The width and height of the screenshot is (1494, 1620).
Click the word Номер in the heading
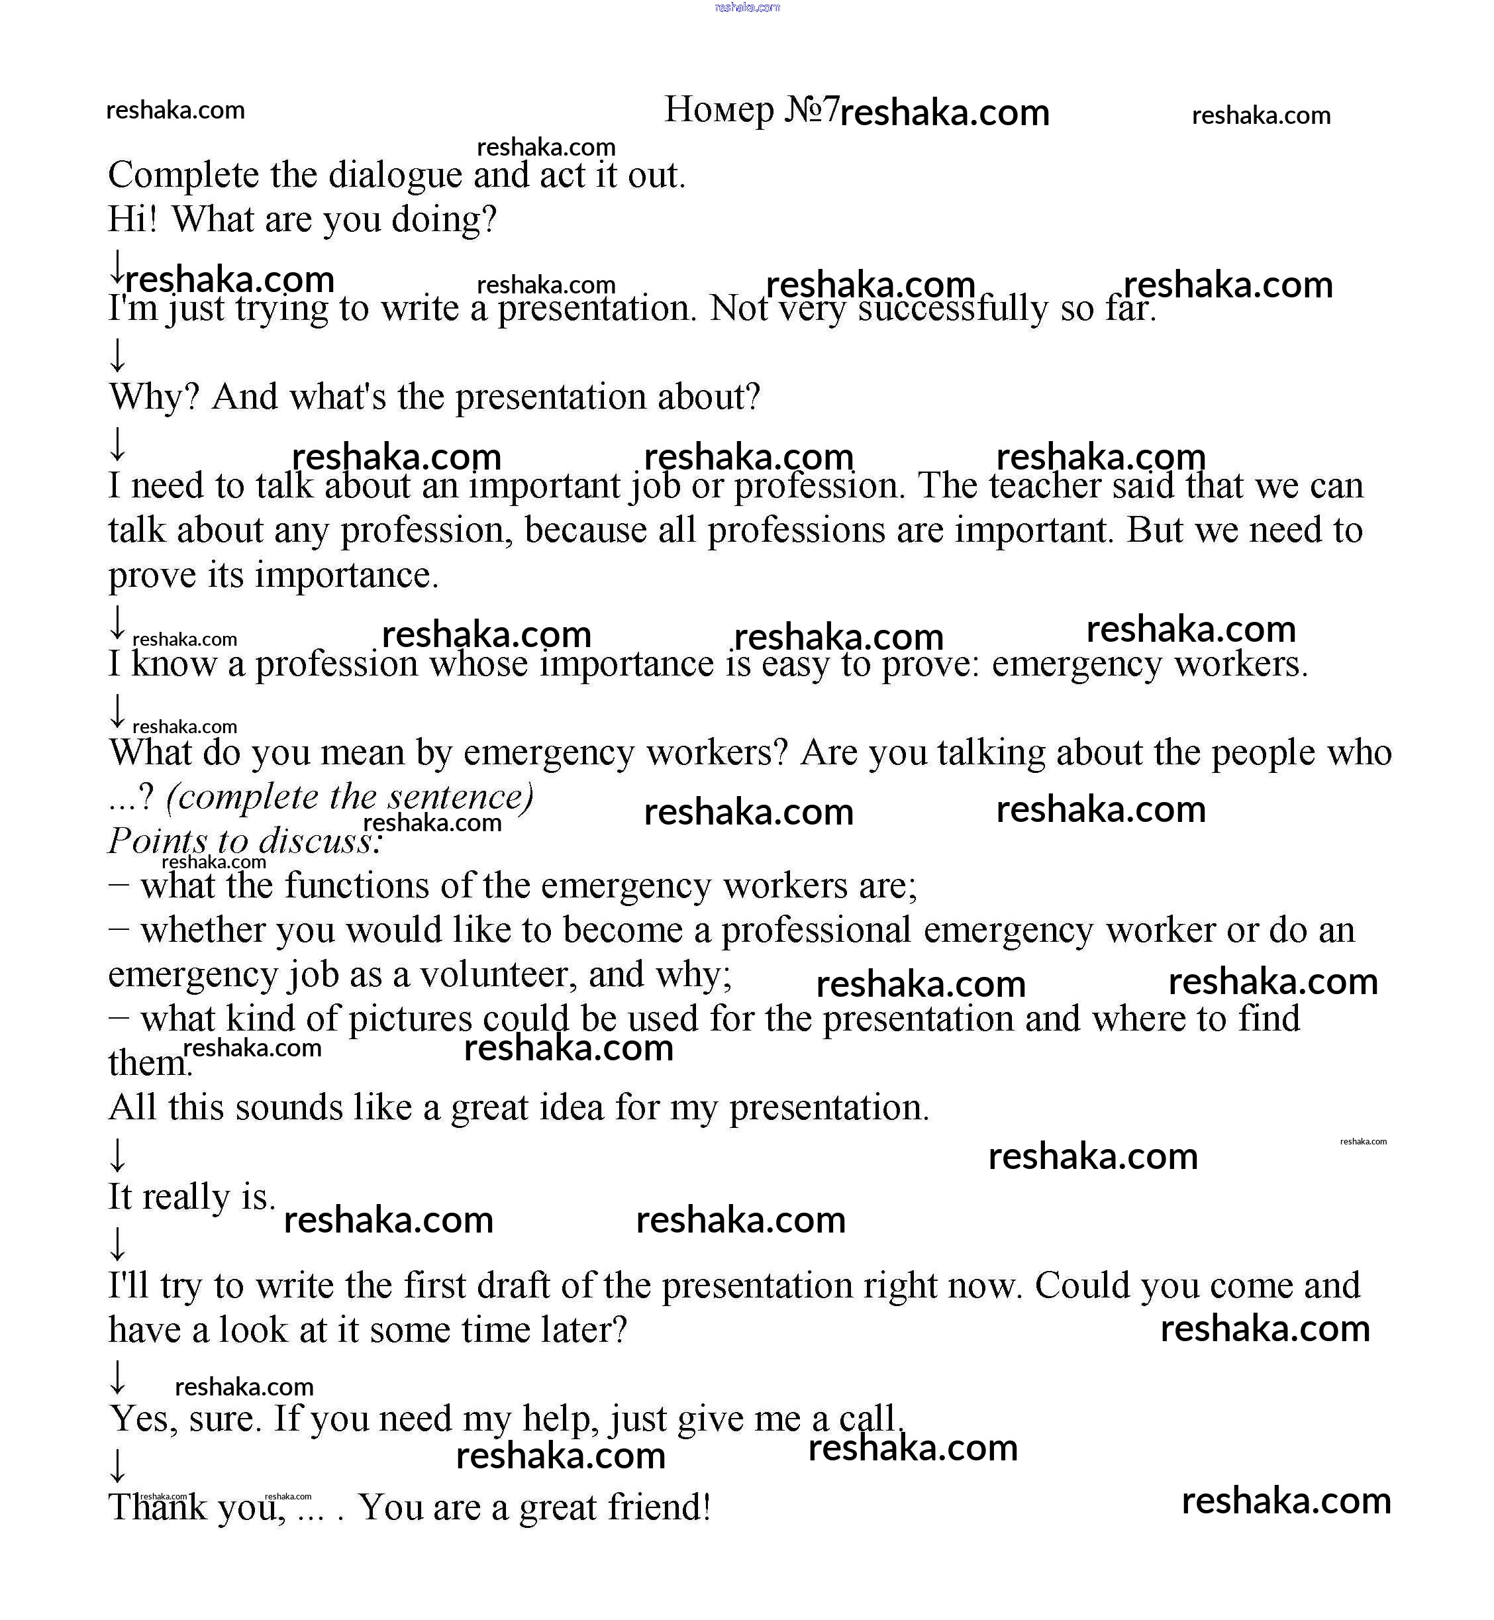[x=719, y=110]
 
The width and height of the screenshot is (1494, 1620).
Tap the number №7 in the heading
[x=812, y=110]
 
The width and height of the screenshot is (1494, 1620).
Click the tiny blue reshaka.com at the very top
[x=747, y=7]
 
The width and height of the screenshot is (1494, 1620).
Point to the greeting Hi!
[x=132, y=219]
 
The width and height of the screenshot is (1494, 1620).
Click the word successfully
[x=952, y=309]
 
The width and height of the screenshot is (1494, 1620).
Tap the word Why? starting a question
[x=154, y=397]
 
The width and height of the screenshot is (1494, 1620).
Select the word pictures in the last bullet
[x=409, y=1019]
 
